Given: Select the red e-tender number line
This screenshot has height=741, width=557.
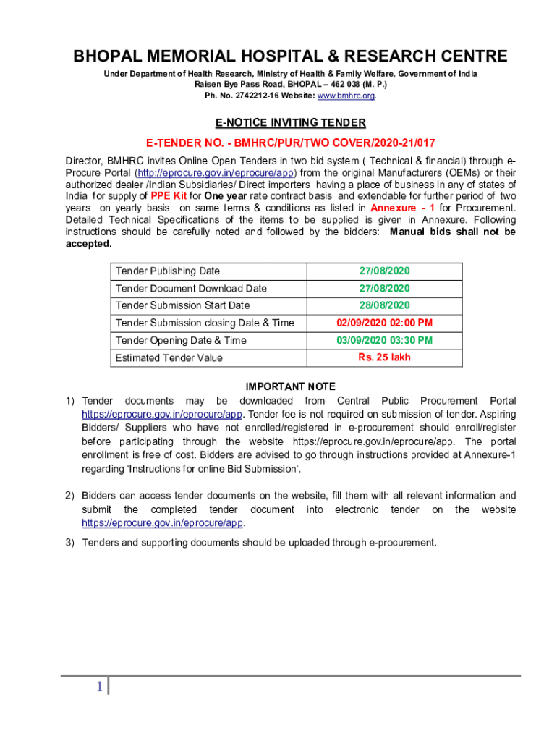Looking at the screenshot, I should tap(278, 143).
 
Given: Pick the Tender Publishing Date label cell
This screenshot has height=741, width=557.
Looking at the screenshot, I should tap(168, 271).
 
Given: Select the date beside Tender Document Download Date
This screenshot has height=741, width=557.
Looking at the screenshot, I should tap(384, 288).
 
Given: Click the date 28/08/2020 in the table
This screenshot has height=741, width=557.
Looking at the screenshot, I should tap(384, 305).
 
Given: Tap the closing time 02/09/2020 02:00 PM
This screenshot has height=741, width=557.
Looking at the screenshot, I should tap(384, 323).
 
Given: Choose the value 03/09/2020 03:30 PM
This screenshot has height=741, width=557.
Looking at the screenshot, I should tap(384, 340).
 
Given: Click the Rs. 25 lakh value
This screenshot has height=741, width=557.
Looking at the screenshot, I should tap(384, 357).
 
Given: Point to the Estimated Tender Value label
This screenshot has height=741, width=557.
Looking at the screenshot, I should tap(169, 358).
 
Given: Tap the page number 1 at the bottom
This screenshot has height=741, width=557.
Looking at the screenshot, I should tap(99, 687).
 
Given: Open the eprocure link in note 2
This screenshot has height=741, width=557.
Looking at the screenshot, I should tap(163, 522).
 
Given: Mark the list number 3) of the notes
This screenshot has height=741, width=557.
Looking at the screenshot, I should tap(70, 542).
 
